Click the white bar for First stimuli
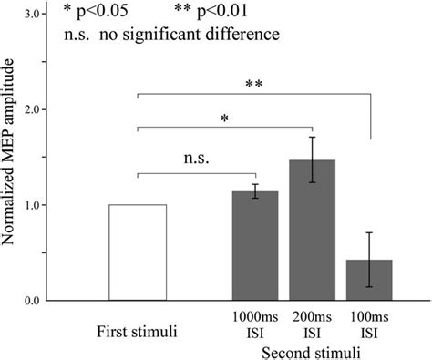[x=138, y=252]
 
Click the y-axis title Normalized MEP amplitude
[x=12, y=156]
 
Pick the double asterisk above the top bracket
[x=253, y=85]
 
